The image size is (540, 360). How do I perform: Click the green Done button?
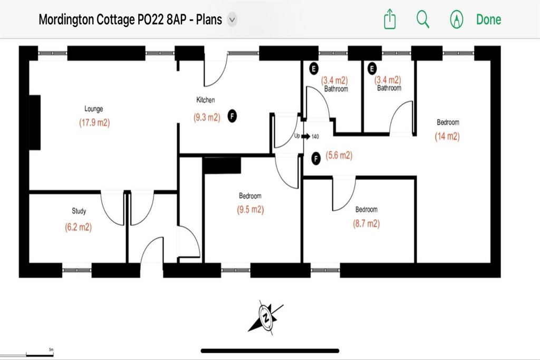pyautogui.click(x=488, y=20)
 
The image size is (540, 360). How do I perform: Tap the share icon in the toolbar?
pyautogui.click(x=389, y=20)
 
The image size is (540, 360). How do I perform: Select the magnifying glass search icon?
pyautogui.click(x=423, y=20)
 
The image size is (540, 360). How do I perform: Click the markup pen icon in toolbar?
pyautogui.click(x=456, y=20)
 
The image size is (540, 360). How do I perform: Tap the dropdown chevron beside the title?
pyautogui.click(x=232, y=20)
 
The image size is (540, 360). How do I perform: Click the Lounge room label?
pyautogui.click(x=93, y=109)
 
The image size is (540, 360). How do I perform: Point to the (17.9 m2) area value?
pyautogui.click(x=93, y=123)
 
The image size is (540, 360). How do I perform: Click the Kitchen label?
pyautogui.click(x=206, y=100)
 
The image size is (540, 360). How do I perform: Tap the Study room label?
pyautogui.click(x=79, y=211)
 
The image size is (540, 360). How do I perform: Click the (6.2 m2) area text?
pyautogui.click(x=78, y=228)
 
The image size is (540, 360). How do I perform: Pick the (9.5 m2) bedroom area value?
pyautogui.click(x=250, y=209)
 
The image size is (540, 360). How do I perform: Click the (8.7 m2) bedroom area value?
pyautogui.click(x=366, y=223)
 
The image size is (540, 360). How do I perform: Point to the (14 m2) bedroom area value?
pyautogui.click(x=447, y=137)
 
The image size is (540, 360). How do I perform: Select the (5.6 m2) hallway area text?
pyautogui.click(x=339, y=155)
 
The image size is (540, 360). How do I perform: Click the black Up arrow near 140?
pyautogui.click(x=305, y=137)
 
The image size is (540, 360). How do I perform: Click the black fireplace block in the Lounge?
pyautogui.click(x=35, y=122)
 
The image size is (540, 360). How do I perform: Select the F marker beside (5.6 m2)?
pyautogui.click(x=316, y=158)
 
